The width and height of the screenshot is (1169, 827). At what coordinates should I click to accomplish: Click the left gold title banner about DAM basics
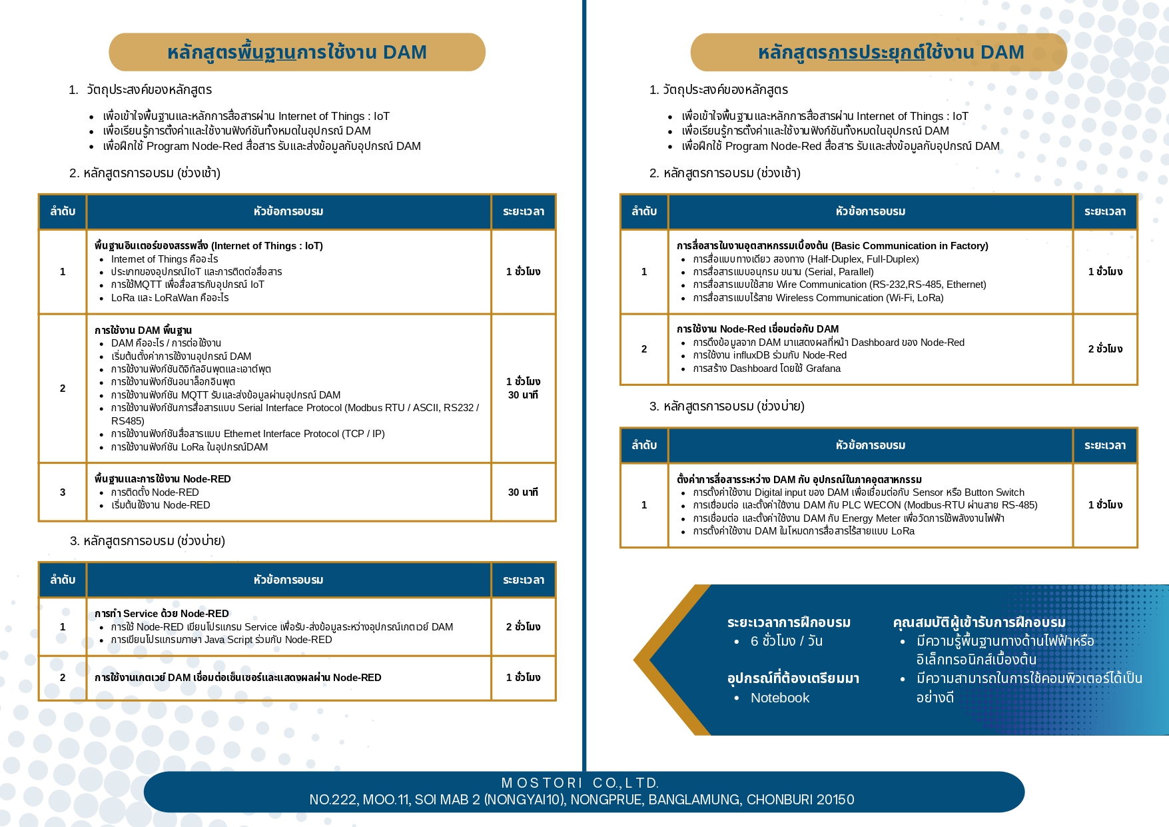click(x=296, y=52)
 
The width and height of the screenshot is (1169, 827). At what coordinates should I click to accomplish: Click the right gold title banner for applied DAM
click(x=878, y=52)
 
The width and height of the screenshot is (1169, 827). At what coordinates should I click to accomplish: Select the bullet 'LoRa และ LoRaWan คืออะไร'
click(x=170, y=298)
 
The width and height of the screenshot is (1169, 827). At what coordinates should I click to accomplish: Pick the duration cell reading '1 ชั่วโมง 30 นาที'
click(x=523, y=388)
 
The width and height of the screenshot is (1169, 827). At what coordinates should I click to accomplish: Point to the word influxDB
click(x=751, y=355)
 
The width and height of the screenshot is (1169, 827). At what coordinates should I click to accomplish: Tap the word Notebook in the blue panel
click(x=779, y=698)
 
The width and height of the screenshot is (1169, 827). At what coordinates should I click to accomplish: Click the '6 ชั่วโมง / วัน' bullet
click(x=786, y=641)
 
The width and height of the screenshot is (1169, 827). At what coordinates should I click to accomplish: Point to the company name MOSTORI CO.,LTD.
click(x=580, y=783)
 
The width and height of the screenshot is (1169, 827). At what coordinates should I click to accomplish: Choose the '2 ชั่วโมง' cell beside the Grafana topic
click(x=1105, y=349)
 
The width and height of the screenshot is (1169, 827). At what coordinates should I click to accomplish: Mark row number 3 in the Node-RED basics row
click(x=63, y=492)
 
